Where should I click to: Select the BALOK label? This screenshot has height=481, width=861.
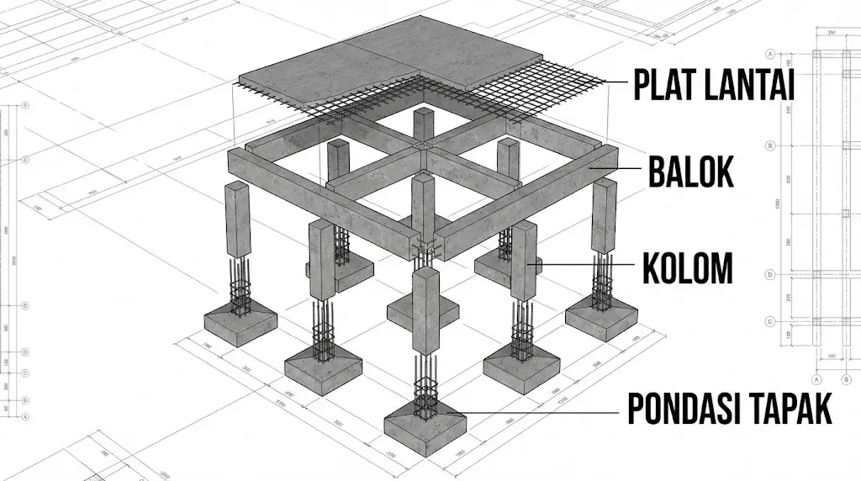[x=690, y=172]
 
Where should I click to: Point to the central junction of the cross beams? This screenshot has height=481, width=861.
[x=422, y=150]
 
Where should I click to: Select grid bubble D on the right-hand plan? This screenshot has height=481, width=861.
[x=770, y=274]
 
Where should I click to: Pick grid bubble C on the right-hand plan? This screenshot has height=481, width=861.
[x=770, y=321]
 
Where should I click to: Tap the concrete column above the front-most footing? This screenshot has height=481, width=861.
[x=425, y=311]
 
